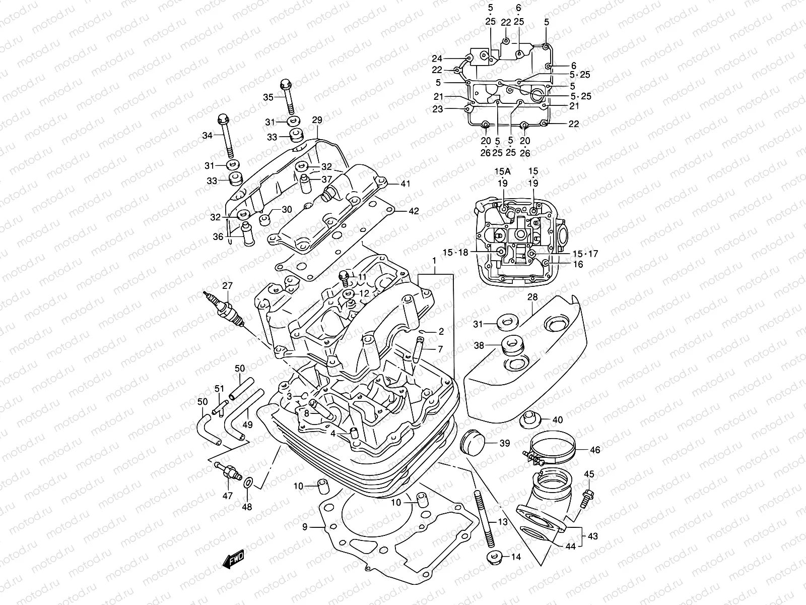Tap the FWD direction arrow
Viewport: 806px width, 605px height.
(x=232, y=559)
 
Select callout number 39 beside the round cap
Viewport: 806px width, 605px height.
(x=504, y=443)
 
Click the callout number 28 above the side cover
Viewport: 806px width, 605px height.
(x=532, y=298)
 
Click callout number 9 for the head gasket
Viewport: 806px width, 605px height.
(x=305, y=527)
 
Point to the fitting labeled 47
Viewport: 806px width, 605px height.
(x=227, y=471)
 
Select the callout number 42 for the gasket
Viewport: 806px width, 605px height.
(x=414, y=212)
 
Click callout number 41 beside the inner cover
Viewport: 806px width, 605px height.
(x=405, y=184)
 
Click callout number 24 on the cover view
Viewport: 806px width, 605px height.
(x=437, y=58)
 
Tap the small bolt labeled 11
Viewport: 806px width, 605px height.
(x=346, y=277)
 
